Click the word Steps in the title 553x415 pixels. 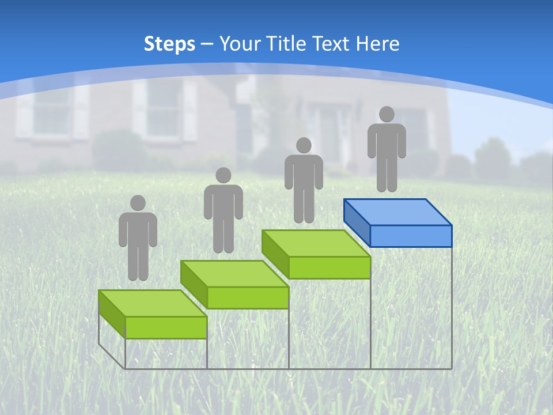pos(169,44)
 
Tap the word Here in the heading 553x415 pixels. pos(377,44)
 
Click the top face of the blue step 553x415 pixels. pos(397,212)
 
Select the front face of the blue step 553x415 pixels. pos(411,236)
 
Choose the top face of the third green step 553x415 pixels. pos(316,243)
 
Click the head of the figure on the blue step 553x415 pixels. pos(387,114)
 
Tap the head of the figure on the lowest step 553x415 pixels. pos(138,203)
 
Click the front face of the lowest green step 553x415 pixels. pos(166,327)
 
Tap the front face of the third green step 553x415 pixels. pos(329,267)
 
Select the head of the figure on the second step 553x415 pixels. pos(224,175)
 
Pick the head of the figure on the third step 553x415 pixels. pos(304,145)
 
